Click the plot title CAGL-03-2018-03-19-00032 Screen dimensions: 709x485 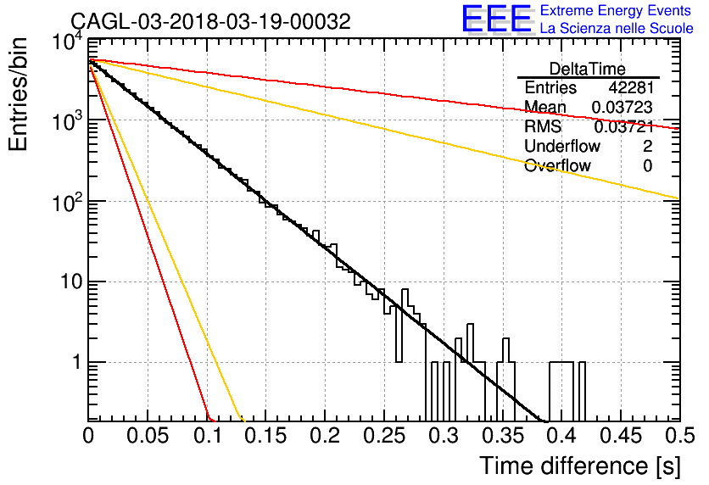coord(210,21)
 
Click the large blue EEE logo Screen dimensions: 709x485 coord(496,19)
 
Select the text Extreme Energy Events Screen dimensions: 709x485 coord(616,10)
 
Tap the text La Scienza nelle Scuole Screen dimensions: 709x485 coord(617,28)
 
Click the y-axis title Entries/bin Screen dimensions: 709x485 coord(18,94)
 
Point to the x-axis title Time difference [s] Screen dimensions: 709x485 coord(580,466)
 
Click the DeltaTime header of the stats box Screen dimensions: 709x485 coord(588,69)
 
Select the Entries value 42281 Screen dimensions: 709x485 coord(631,87)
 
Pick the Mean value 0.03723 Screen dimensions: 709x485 coord(622,107)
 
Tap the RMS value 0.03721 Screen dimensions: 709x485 coord(623,127)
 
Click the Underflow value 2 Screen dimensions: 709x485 coord(647,146)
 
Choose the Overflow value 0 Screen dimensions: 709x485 coord(647,166)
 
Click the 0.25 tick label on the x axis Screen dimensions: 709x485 coord(383,436)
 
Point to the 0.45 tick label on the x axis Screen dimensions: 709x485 coord(621,436)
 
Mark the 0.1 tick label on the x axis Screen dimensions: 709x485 coord(208,436)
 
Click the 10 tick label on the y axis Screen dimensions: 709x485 coord(72,282)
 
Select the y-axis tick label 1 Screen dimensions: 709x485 coord(78,362)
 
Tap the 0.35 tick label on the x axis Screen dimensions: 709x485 coord(502,436)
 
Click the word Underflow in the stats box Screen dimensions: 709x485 coord(562,146)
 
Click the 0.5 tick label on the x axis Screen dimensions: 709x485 coord(680,436)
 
